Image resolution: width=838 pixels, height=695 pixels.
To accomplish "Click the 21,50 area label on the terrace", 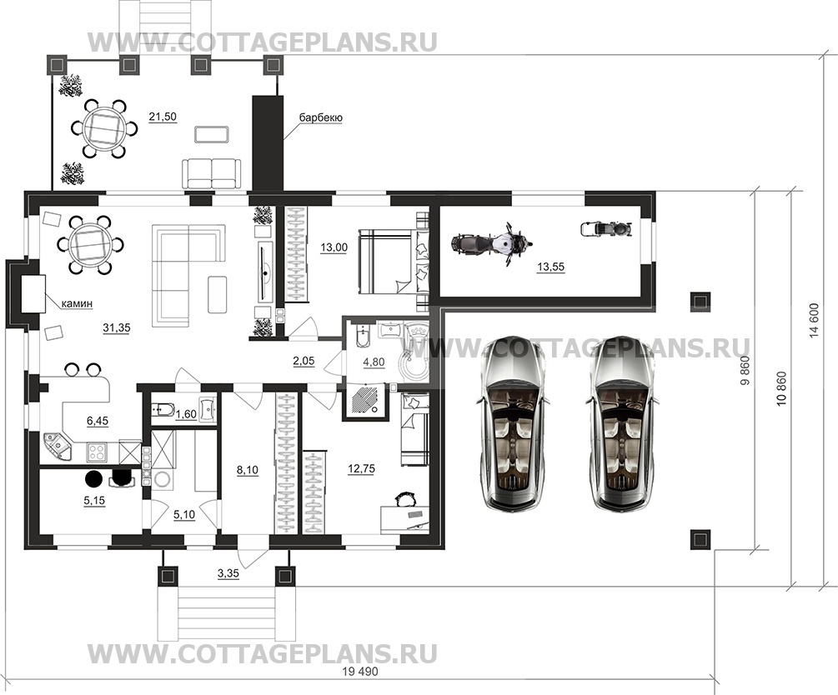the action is click(x=163, y=117).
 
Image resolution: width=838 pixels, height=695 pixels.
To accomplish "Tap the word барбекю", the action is click(x=321, y=117).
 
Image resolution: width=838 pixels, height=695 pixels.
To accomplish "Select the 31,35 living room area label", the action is click(x=117, y=327).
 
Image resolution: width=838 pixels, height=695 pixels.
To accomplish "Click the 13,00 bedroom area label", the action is click(x=334, y=247).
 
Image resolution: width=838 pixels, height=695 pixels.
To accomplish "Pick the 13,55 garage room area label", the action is click(x=550, y=267).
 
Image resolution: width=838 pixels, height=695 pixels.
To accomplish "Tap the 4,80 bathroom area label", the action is click(x=374, y=362).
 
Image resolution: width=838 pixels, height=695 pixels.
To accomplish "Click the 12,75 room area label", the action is click(x=361, y=468).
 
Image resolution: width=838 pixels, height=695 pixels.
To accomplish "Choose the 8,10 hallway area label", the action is click(x=248, y=470).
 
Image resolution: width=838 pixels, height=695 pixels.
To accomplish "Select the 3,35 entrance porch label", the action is click(x=228, y=574).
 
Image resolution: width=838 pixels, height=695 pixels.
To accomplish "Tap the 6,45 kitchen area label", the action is click(x=98, y=421).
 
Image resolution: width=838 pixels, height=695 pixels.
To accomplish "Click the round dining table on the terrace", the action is click(x=103, y=128).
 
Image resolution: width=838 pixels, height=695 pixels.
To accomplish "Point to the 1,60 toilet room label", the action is click(x=186, y=413).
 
